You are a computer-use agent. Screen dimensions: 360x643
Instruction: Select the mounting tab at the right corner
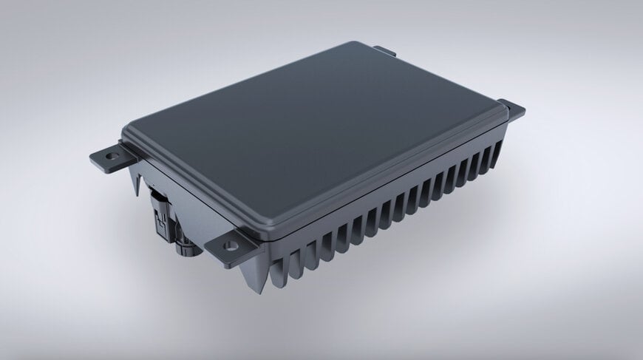click(x=512, y=110)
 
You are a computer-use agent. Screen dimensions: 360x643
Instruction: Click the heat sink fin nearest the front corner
click(x=278, y=270)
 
